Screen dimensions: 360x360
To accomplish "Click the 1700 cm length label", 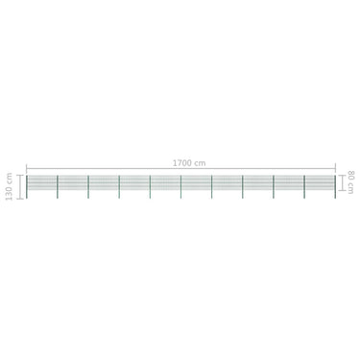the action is click(189, 163).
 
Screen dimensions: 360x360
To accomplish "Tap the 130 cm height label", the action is click(9, 186).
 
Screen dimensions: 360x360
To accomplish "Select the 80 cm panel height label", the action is click(350, 182).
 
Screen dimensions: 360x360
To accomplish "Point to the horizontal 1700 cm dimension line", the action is click(180, 168).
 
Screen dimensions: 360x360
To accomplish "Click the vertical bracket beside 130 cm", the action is click(20, 187).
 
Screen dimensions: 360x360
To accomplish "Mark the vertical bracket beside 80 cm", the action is click(342, 182).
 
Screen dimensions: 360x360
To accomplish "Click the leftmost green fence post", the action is click(27, 187).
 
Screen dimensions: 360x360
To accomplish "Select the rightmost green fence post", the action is click(335, 187).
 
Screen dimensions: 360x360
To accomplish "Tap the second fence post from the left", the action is click(58, 187).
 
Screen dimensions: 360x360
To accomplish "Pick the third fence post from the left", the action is click(88, 187).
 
